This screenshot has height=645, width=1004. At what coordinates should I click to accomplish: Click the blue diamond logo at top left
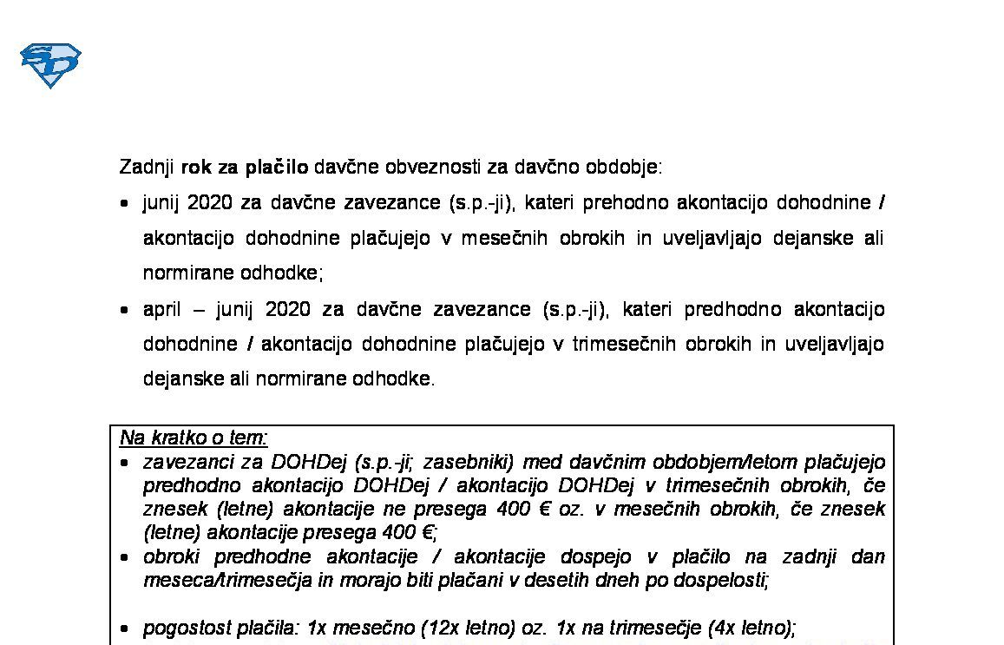(x=50, y=65)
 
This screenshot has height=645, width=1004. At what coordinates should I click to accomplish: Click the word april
(x=161, y=309)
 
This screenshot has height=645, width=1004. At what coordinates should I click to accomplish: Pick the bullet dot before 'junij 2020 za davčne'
(x=126, y=204)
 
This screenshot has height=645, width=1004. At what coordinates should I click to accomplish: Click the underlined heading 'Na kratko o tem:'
(x=194, y=438)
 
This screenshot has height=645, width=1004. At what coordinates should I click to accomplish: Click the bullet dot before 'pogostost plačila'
(x=126, y=629)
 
